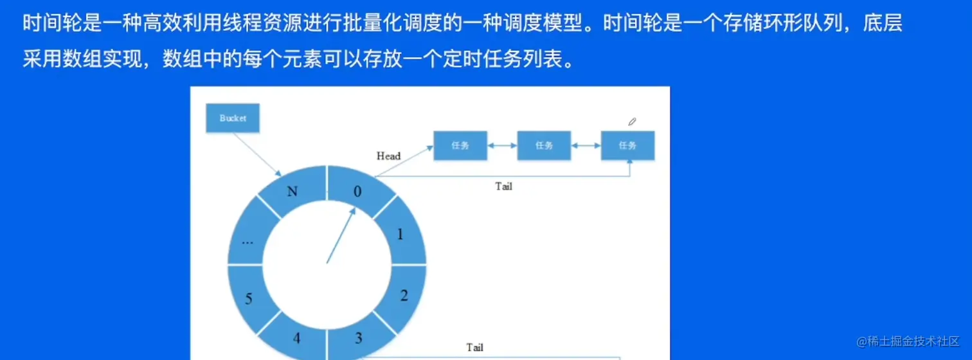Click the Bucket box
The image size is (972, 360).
pyautogui.click(x=232, y=118)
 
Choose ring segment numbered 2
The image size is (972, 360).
pyautogui.click(x=404, y=295)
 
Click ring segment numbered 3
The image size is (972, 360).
pyautogui.click(x=358, y=337)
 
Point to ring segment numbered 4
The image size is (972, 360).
pyautogui.click(x=296, y=337)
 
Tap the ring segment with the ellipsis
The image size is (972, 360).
pyautogui.click(x=248, y=239)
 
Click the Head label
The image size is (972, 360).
pyautogui.click(x=388, y=156)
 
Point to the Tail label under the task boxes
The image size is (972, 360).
pyautogui.click(x=503, y=186)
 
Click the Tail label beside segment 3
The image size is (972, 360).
pyautogui.click(x=474, y=347)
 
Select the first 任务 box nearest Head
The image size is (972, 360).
pyautogui.click(x=460, y=146)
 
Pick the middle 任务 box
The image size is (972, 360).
pyautogui.click(x=544, y=146)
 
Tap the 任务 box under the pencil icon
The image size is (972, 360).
pyautogui.click(x=627, y=146)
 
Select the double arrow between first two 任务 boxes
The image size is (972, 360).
pyautogui.click(x=502, y=146)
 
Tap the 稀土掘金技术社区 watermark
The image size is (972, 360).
pyautogui.click(x=908, y=341)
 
